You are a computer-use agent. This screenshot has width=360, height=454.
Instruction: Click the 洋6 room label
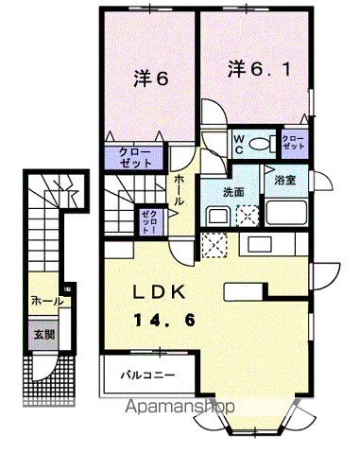[148, 80]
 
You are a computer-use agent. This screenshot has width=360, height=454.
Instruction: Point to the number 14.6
[164, 321]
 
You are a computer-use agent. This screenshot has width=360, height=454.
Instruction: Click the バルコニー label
[145, 375]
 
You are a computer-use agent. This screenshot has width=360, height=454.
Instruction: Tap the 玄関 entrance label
[44, 334]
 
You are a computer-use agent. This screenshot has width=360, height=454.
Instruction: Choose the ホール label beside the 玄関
[46, 300]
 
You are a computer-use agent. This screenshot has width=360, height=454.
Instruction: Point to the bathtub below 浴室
[286, 212]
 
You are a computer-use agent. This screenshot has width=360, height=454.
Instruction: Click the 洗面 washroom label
[234, 191]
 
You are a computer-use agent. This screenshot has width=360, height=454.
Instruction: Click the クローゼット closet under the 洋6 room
[133, 156]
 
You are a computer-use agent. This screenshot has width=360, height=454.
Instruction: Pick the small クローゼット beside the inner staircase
[149, 221]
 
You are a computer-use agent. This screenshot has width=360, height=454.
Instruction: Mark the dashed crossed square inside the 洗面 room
[248, 215]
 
